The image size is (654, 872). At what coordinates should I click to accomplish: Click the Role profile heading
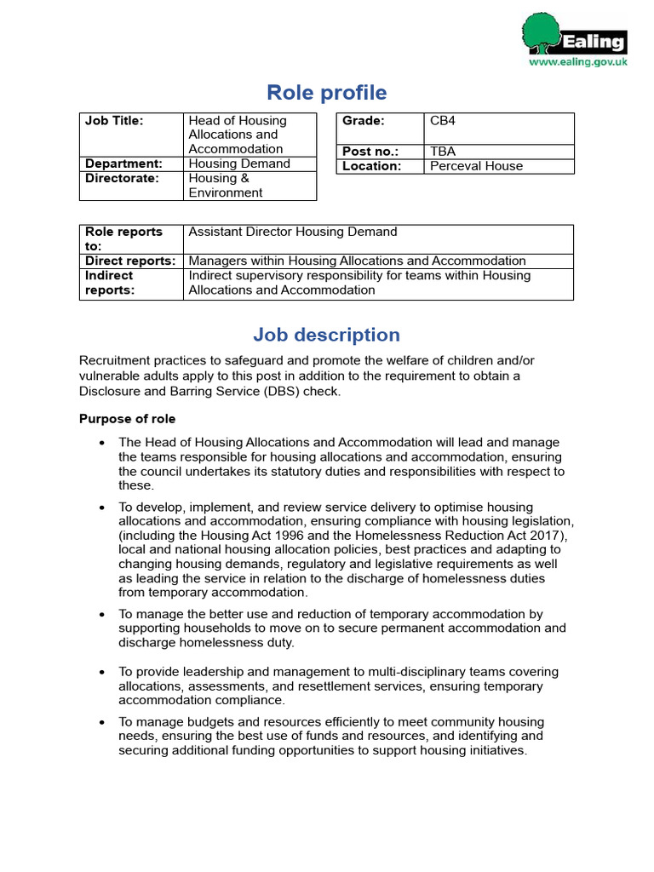tap(327, 93)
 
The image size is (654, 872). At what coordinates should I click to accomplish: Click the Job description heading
tap(327, 335)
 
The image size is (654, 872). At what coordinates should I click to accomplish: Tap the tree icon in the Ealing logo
tap(541, 34)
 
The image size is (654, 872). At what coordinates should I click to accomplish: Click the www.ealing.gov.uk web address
tap(578, 62)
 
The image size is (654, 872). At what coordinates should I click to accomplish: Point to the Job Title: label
tap(114, 121)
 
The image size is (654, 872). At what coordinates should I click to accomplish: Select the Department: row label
tap(123, 163)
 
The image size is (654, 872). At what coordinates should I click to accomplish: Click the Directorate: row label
tap(122, 178)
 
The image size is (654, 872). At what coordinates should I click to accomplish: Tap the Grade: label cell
tap(364, 121)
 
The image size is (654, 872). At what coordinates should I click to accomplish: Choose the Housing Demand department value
tap(239, 163)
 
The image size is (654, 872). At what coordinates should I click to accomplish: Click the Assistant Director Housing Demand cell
tap(292, 232)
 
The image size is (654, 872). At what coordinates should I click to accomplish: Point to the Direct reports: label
tap(130, 261)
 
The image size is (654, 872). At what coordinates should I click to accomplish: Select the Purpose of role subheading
tap(128, 419)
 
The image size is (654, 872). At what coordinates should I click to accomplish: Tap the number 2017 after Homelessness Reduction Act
tap(543, 535)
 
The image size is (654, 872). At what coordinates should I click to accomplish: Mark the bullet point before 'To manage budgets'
tap(102, 722)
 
